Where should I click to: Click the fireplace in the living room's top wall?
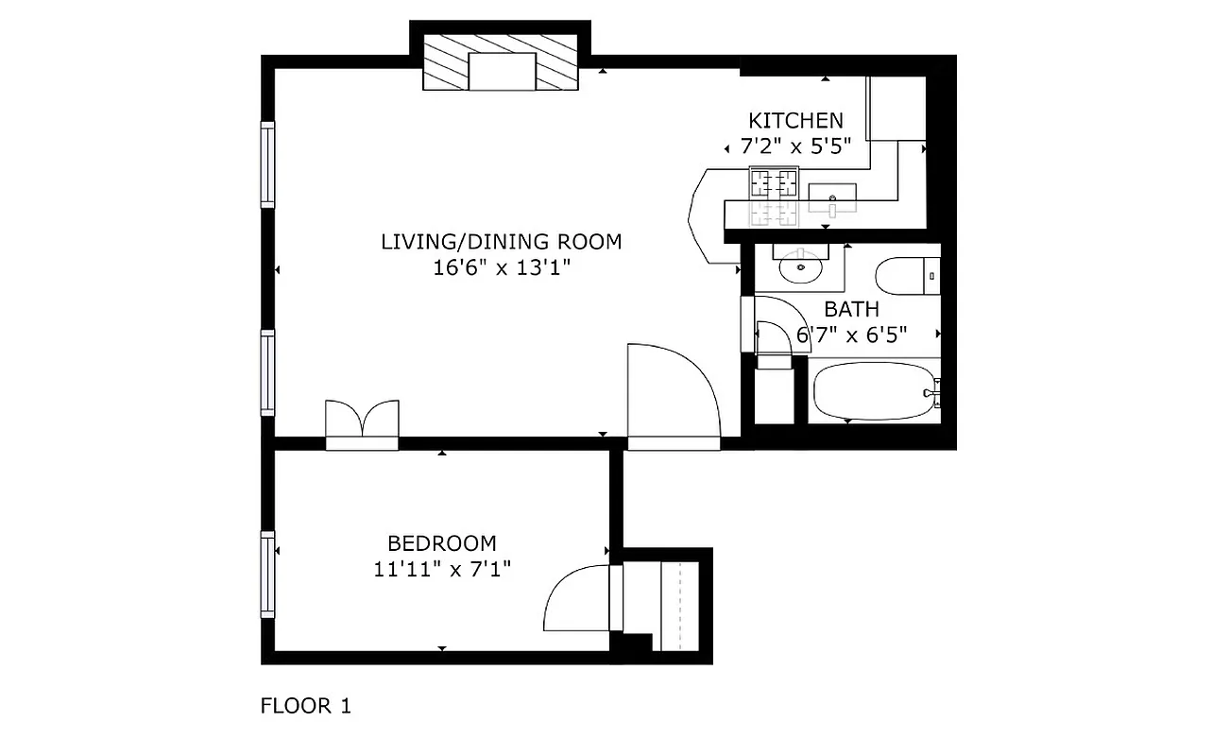coord(500,63)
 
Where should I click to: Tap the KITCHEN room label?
coord(795,121)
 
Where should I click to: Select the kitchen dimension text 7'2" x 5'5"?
coord(795,146)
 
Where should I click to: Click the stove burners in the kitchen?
coord(774,181)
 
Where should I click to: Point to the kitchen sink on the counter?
coord(832,196)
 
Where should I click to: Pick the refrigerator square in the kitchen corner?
coord(896,109)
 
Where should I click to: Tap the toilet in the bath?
coord(907,277)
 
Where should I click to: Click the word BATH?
coord(851,309)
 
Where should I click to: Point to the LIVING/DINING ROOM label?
coord(501,242)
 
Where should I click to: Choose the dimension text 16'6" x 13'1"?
coord(501,267)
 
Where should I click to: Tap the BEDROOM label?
coord(441,543)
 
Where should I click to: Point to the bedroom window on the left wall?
coord(267,575)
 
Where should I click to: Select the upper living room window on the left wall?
coord(267,165)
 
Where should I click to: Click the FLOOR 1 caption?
coord(305,706)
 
